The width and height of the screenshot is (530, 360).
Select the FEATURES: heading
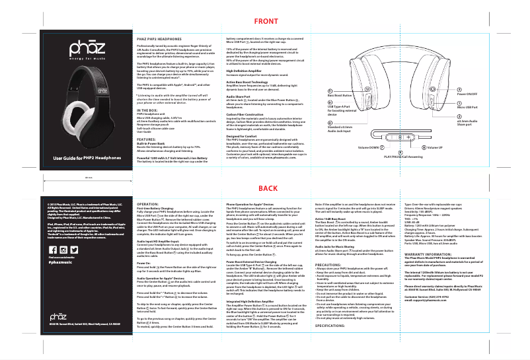146,140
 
